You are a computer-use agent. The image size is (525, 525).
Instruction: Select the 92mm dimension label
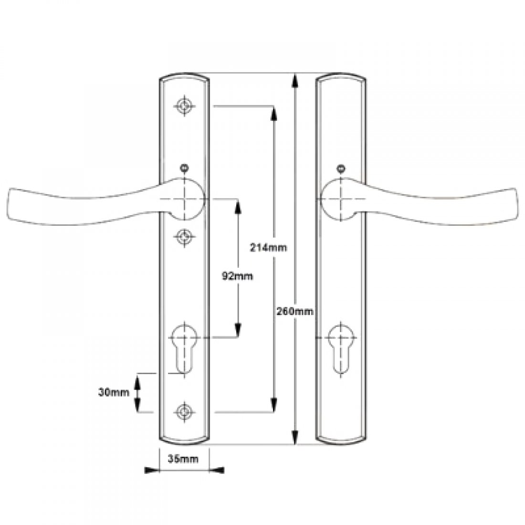point(238,276)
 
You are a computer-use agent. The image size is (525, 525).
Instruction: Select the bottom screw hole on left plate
point(184,411)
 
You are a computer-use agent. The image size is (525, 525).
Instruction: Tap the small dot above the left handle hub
point(184,168)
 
